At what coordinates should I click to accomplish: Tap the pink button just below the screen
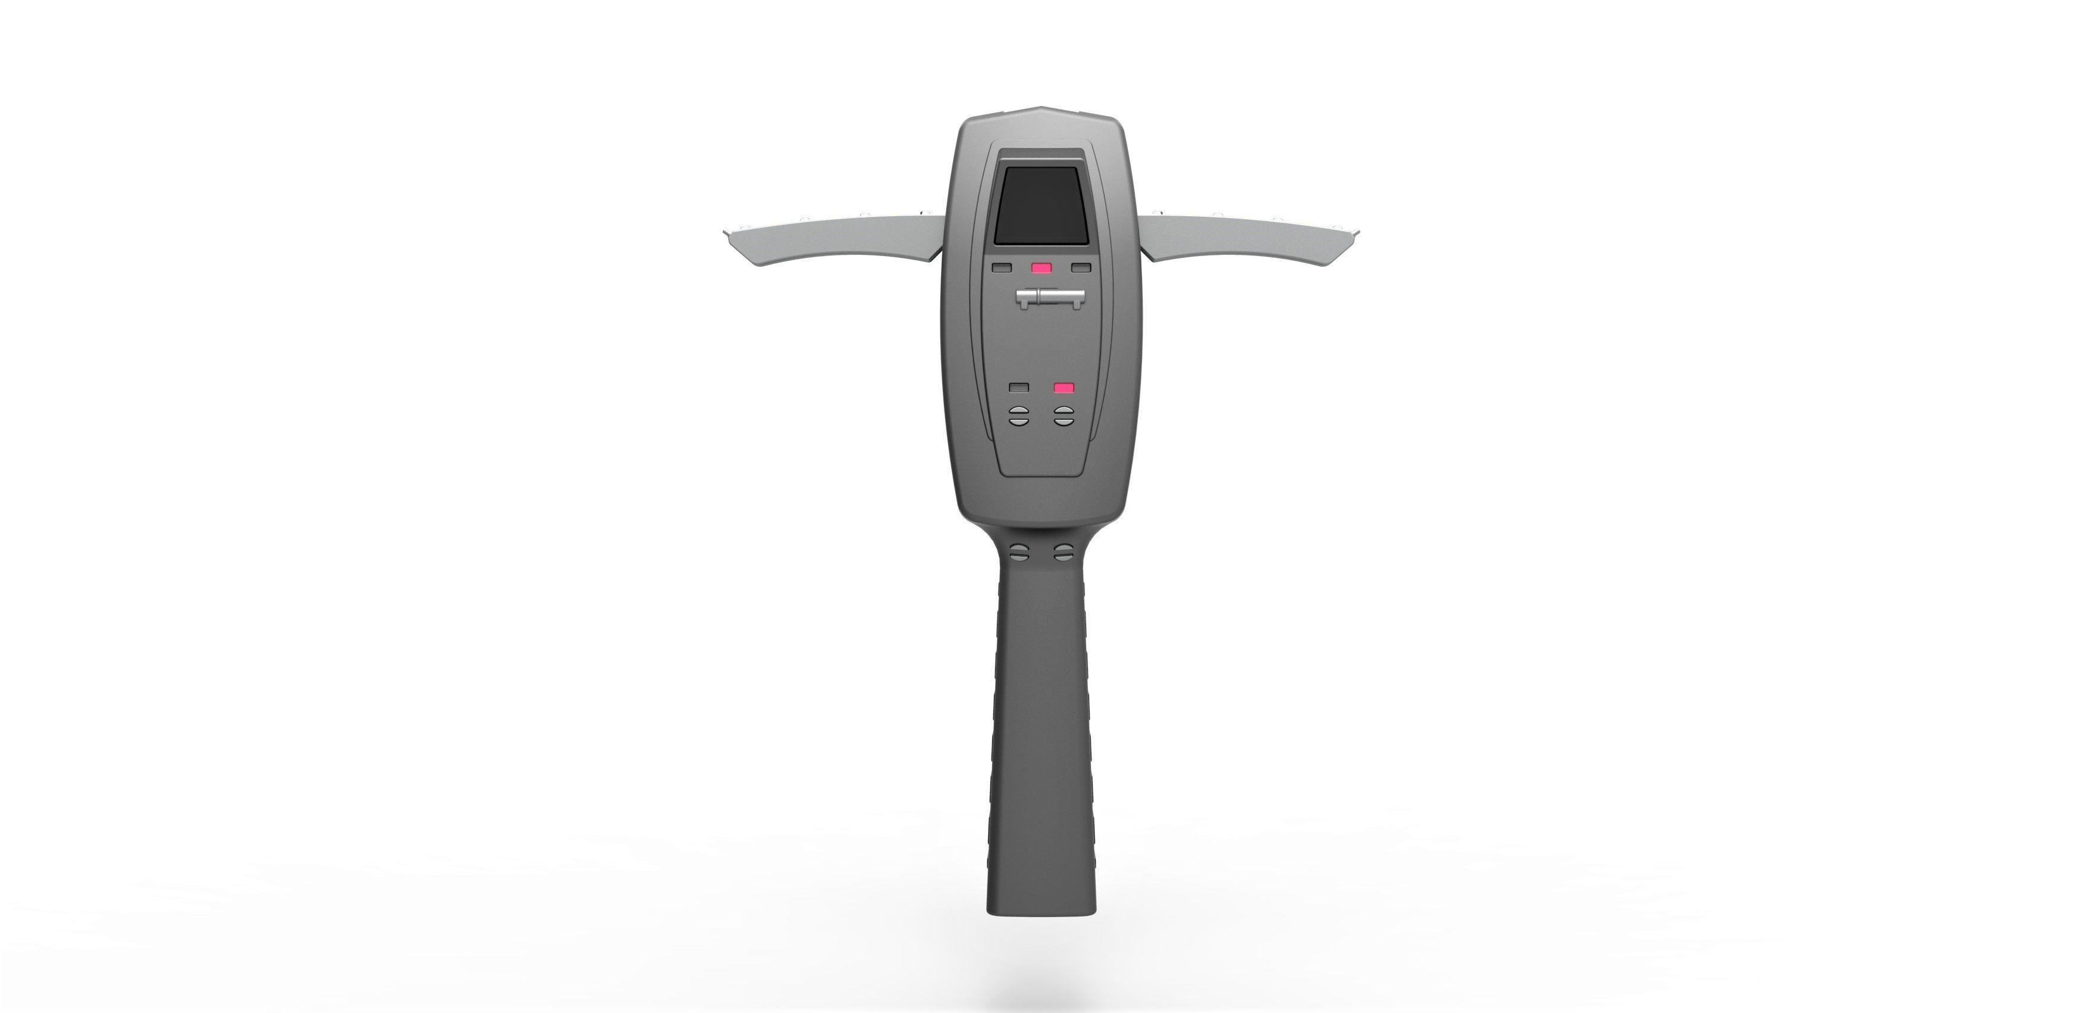tap(1041, 268)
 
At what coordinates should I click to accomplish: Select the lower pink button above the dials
tap(1064, 388)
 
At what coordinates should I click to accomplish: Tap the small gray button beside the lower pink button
tap(1019, 388)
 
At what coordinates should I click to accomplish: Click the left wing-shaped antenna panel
tap(841, 239)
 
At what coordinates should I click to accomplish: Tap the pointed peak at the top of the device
tap(1041, 129)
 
